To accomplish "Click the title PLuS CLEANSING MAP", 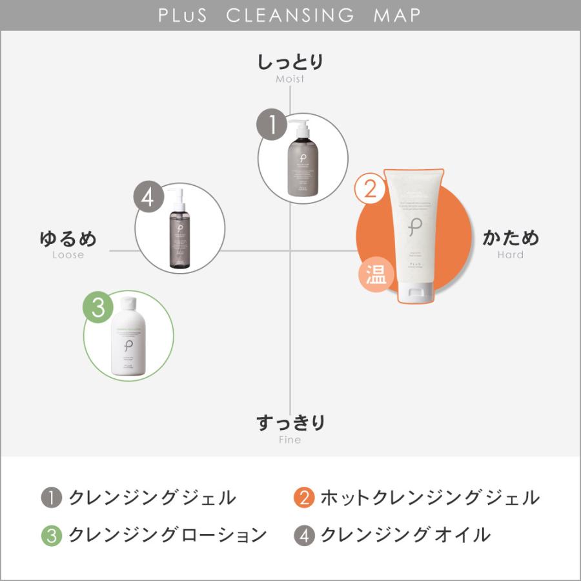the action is (x=290, y=15).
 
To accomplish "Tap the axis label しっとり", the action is (x=290, y=63).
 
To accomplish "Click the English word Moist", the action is (x=290, y=79).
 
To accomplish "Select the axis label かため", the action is (x=511, y=238).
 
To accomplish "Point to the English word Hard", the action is (x=511, y=255).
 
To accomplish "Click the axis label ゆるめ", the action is (x=68, y=238).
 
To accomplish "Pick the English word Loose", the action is (x=68, y=255).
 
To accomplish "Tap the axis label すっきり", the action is (x=290, y=423).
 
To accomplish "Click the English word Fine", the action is (x=290, y=440).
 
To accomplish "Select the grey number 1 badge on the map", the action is (x=273, y=125).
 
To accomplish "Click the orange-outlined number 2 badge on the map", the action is (x=370, y=189).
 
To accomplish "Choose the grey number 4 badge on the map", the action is (x=149, y=198).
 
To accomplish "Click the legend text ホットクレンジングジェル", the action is (x=429, y=498).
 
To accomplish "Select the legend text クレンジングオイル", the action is (x=405, y=535).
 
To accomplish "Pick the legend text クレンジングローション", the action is (x=168, y=535).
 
